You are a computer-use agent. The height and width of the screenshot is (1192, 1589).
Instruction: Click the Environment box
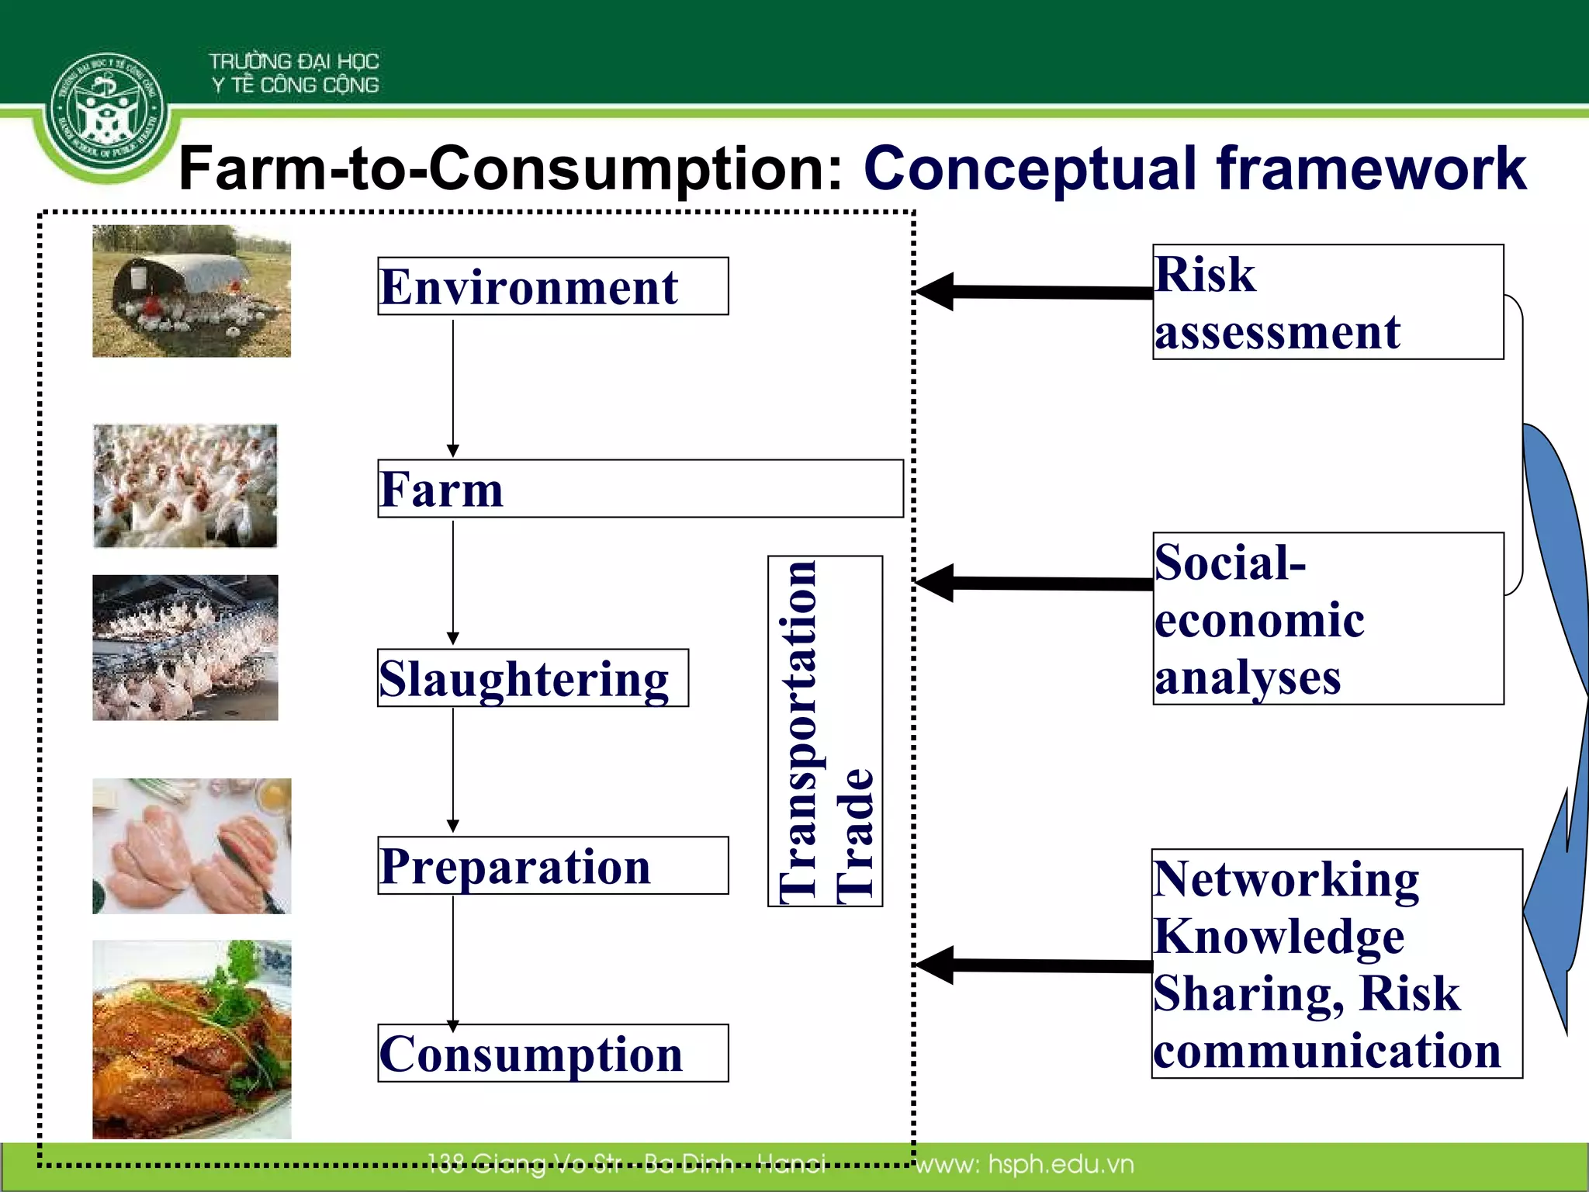[552, 286]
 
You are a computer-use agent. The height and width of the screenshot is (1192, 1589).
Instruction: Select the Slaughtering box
[532, 678]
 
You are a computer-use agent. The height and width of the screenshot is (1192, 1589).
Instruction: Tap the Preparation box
[552, 865]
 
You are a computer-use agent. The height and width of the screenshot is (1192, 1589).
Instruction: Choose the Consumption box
[552, 1053]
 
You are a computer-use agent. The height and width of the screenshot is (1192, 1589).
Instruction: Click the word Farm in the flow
[441, 490]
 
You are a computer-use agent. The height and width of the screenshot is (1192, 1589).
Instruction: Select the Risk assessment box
[1328, 302]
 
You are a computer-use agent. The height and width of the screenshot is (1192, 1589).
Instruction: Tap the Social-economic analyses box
[1328, 619]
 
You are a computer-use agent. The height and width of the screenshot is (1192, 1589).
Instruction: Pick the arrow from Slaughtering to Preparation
[453, 768]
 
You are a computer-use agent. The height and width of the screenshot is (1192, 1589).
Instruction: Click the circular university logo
[106, 112]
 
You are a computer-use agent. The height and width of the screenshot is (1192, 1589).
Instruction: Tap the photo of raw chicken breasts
[192, 846]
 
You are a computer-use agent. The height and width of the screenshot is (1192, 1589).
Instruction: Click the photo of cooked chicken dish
[192, 1040]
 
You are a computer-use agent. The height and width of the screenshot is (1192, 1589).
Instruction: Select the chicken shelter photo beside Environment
[192, 291]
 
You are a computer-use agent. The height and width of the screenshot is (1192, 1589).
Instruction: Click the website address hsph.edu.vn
[1024, 1164]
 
